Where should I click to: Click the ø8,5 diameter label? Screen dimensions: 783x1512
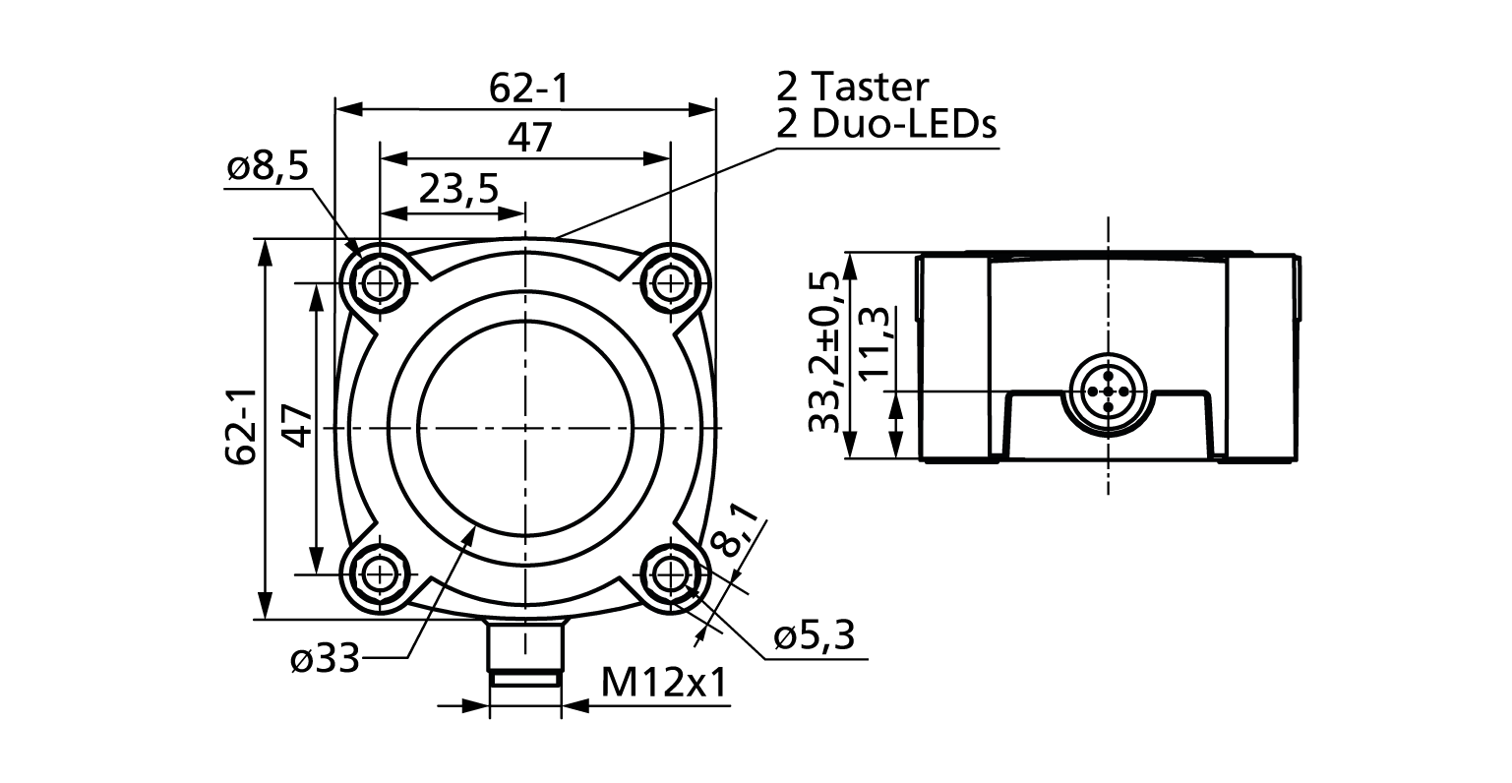[x=267, y=168]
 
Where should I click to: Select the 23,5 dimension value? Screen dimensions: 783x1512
[x=458, y=188]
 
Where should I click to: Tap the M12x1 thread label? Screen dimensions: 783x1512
[x=664, y=684]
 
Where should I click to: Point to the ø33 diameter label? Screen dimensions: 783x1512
[x=326, y=659]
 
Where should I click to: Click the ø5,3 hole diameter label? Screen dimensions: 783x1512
[x=813, y=637]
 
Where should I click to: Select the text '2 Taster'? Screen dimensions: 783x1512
[x=852, y=88]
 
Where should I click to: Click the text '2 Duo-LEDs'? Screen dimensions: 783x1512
[x=886, y=125]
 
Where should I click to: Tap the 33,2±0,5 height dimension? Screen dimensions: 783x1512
[x=825, y=351]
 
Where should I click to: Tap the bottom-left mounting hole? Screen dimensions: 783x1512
[x=378, y=573]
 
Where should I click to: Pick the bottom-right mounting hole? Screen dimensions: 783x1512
[x=671, y=573]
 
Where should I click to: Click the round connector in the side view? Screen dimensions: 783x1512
[x=1108, y=392]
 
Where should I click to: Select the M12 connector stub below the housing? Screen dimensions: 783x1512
[x=525, y=651]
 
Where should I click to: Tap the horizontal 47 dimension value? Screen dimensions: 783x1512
[x=530, y=139]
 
